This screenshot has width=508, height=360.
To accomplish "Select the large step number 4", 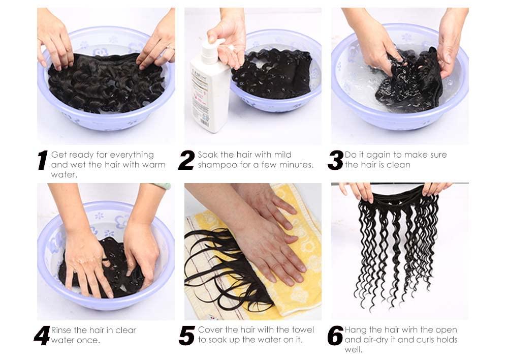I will (42, 336).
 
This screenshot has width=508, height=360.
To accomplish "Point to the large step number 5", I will (187, 336).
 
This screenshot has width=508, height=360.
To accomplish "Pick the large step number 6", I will (335, 336).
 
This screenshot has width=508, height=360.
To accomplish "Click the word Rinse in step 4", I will (61, 330).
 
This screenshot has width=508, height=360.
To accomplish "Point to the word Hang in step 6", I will (355, 330).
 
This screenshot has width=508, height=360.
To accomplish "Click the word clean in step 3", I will (399, 165).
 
